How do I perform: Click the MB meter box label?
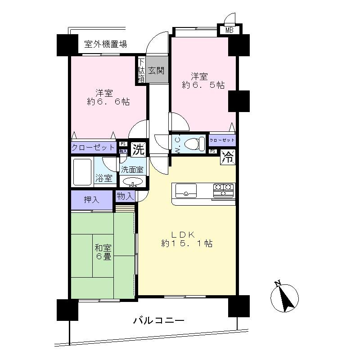(x=229, y=31)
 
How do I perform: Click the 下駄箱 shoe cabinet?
(x=141, y=71)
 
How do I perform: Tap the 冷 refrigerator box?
(x=229, y=157)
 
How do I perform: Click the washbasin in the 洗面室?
(x=132, y=182)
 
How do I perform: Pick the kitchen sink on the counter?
(x=185, y=191)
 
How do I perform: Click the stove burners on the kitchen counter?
(x=223, y=190)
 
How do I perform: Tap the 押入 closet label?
(x=91, y=200)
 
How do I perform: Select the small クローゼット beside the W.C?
(x=222, y=141)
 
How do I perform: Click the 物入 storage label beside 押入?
(x=125, y=196)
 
